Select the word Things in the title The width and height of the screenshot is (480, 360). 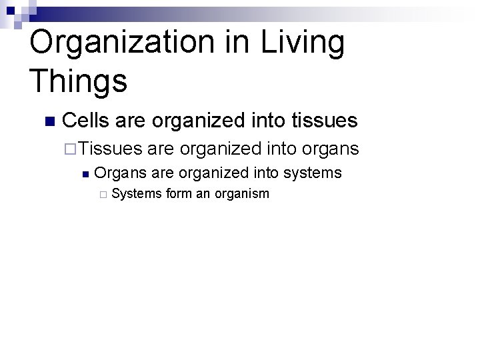tap(78, 81)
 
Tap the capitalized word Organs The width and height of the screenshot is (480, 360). tap(121, 173)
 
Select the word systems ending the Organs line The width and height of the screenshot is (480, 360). tap(312, 173)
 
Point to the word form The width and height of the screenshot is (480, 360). tap(178, 194)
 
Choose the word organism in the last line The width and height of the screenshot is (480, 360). tap(243, 194)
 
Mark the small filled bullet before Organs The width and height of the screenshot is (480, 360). tap(85, 175)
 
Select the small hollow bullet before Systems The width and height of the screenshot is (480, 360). tap(102, 195)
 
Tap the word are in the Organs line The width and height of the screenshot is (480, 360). tap(162, 173)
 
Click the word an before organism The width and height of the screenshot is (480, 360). tap(204, 194)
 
